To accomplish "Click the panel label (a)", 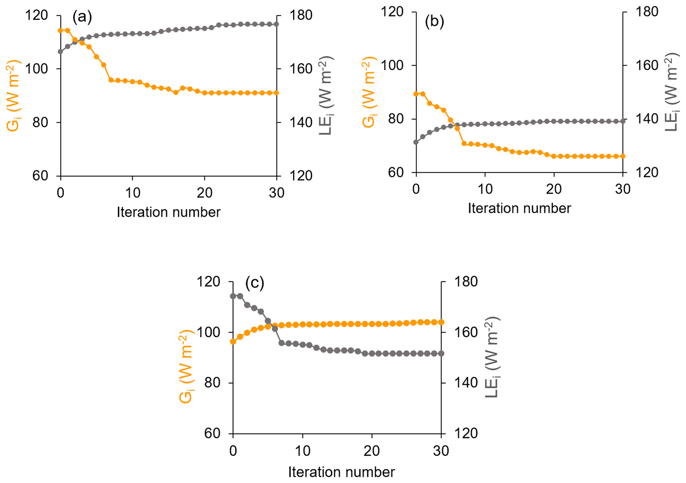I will (x=82, y=17).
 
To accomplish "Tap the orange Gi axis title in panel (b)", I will (x=369, y=92).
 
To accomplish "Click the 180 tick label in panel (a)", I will (x=301, y=15).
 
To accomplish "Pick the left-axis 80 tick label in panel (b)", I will (x=396, y=119).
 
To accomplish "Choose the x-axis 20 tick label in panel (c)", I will (x=372, y=451).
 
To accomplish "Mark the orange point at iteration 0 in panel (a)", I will (x=60, y=31).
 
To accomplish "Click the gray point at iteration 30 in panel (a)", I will (x=276, y=24).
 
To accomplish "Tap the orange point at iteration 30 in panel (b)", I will (x=623, y=156).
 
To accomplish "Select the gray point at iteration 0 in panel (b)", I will (x=416, y=142).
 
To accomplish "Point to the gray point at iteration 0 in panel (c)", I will (x=233, y=296).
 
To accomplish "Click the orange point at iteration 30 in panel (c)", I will (x=441, y=322).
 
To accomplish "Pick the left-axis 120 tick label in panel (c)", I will (x=208, y=282).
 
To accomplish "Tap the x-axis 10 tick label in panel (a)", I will (x=132, y=193).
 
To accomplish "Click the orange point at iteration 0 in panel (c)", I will (x=233, y=342).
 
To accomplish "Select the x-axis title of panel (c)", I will (x=341, y=472).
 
